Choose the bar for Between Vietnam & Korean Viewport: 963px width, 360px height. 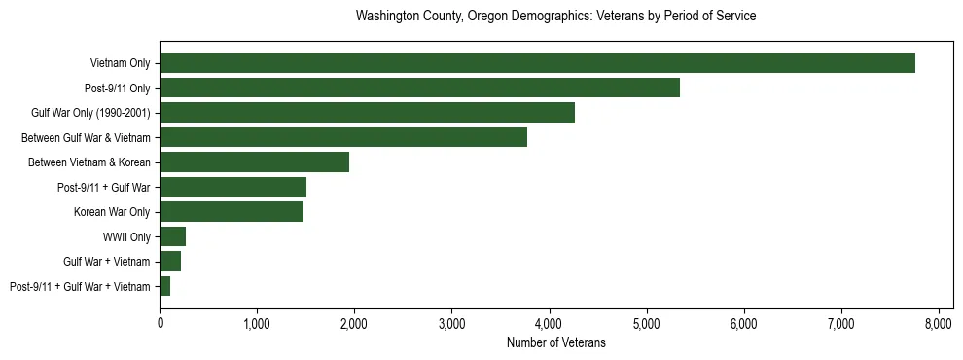point(254,162)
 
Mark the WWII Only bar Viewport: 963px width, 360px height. point(172,236)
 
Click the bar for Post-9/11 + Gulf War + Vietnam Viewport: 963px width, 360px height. point(165,286)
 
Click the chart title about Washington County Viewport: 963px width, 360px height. point(555,17)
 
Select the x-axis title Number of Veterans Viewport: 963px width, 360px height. point(555,342)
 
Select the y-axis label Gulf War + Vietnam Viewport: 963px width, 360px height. point(107,262)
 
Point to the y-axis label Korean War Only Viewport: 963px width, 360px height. point(112,212)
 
